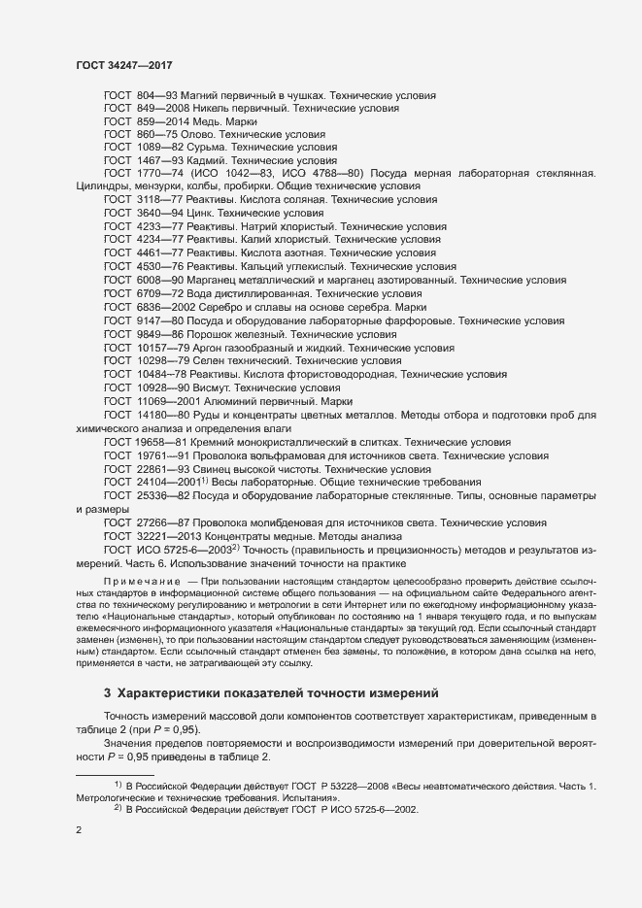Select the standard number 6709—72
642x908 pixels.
point(153,292)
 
